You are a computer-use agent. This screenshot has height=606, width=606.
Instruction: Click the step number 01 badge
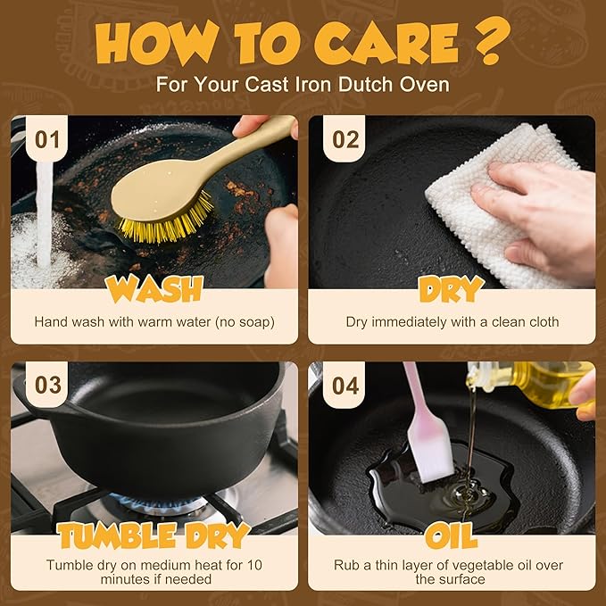click(x=46, y=139)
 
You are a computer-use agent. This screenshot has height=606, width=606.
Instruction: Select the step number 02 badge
click(x=345, y=139)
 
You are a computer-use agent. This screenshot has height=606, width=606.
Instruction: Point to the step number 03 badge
click(x=46, y=385)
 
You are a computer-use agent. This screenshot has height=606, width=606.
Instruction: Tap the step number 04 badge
click(x=345, y=385)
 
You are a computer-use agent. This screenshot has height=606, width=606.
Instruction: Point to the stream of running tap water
click(x=44, y=216)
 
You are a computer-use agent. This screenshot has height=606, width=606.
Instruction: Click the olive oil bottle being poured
click(x=534, y=382)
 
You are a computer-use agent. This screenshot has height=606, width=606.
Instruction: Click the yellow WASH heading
click(x=154, y=289)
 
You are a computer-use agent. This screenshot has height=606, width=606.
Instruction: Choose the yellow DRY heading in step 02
click(x=452, y=289)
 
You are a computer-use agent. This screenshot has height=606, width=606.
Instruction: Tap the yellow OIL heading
click(x=452, y=535)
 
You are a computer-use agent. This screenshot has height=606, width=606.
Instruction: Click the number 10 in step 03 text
click(x=254, y=565)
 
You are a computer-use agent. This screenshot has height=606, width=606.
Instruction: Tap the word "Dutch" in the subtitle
click(x=367, y=84)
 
